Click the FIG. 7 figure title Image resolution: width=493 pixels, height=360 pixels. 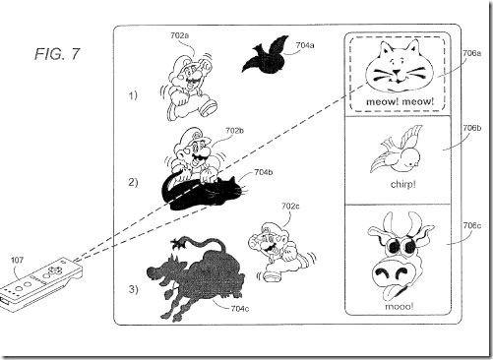[x=57, y=54]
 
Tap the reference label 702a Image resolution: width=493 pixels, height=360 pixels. [x=179, y=35]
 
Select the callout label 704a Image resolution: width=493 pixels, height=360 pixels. [x=305, y=45]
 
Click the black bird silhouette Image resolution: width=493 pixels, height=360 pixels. [x=266, y=55]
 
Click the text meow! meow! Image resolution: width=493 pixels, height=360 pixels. [x=400, y=101]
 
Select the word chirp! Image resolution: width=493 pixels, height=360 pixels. [x=403, y=185]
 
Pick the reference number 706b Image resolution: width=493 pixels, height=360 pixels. [x=472, y=128]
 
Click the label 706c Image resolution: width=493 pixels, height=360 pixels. [x=472, y=225]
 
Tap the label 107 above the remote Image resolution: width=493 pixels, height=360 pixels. [x=18, y=260]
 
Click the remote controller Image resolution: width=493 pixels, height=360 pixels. [x=41, y=283]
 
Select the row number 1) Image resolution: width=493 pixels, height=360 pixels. [x=133, y=95]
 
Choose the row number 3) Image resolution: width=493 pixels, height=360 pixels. [x=133, y=289]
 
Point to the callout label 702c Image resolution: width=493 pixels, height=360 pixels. [x=290, y=207]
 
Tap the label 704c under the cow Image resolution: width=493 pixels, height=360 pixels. [x=240, y=309]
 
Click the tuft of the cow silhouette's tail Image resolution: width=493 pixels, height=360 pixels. [x=177, y=244]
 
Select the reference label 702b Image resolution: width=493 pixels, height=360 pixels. [x=234, y=131]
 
